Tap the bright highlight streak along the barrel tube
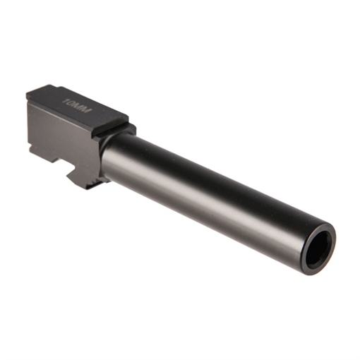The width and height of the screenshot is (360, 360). (x=212, y=169)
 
